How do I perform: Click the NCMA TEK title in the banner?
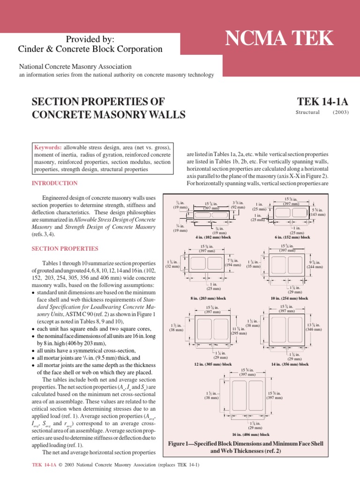pos(279,38)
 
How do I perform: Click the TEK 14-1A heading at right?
pos(323,102)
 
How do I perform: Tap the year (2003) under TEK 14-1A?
pos(341,112)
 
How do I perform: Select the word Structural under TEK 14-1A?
pos(307,112)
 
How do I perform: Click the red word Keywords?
pos(49,147)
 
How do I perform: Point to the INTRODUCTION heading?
pos(54,183)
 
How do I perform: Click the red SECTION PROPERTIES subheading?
pos(65,248)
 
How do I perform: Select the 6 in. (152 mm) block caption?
pos(292,237)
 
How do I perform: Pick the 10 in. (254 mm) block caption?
pos(289,298)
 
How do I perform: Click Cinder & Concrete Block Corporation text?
pos(90,49)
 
